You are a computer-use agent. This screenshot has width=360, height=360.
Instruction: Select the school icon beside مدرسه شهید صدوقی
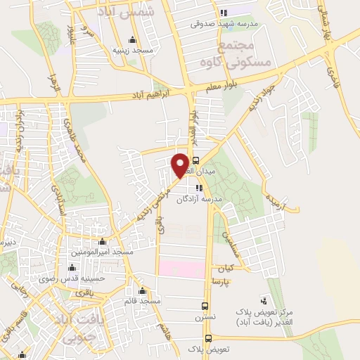224,13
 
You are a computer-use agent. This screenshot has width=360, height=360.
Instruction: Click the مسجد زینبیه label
130,51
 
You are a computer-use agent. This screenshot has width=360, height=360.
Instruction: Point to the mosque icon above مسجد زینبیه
131,39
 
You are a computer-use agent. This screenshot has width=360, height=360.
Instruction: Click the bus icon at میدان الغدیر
196,159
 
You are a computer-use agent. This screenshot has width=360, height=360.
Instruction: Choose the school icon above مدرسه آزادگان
200,188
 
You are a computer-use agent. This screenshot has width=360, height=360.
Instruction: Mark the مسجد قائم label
143,301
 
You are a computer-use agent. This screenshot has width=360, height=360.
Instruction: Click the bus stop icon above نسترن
205,307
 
